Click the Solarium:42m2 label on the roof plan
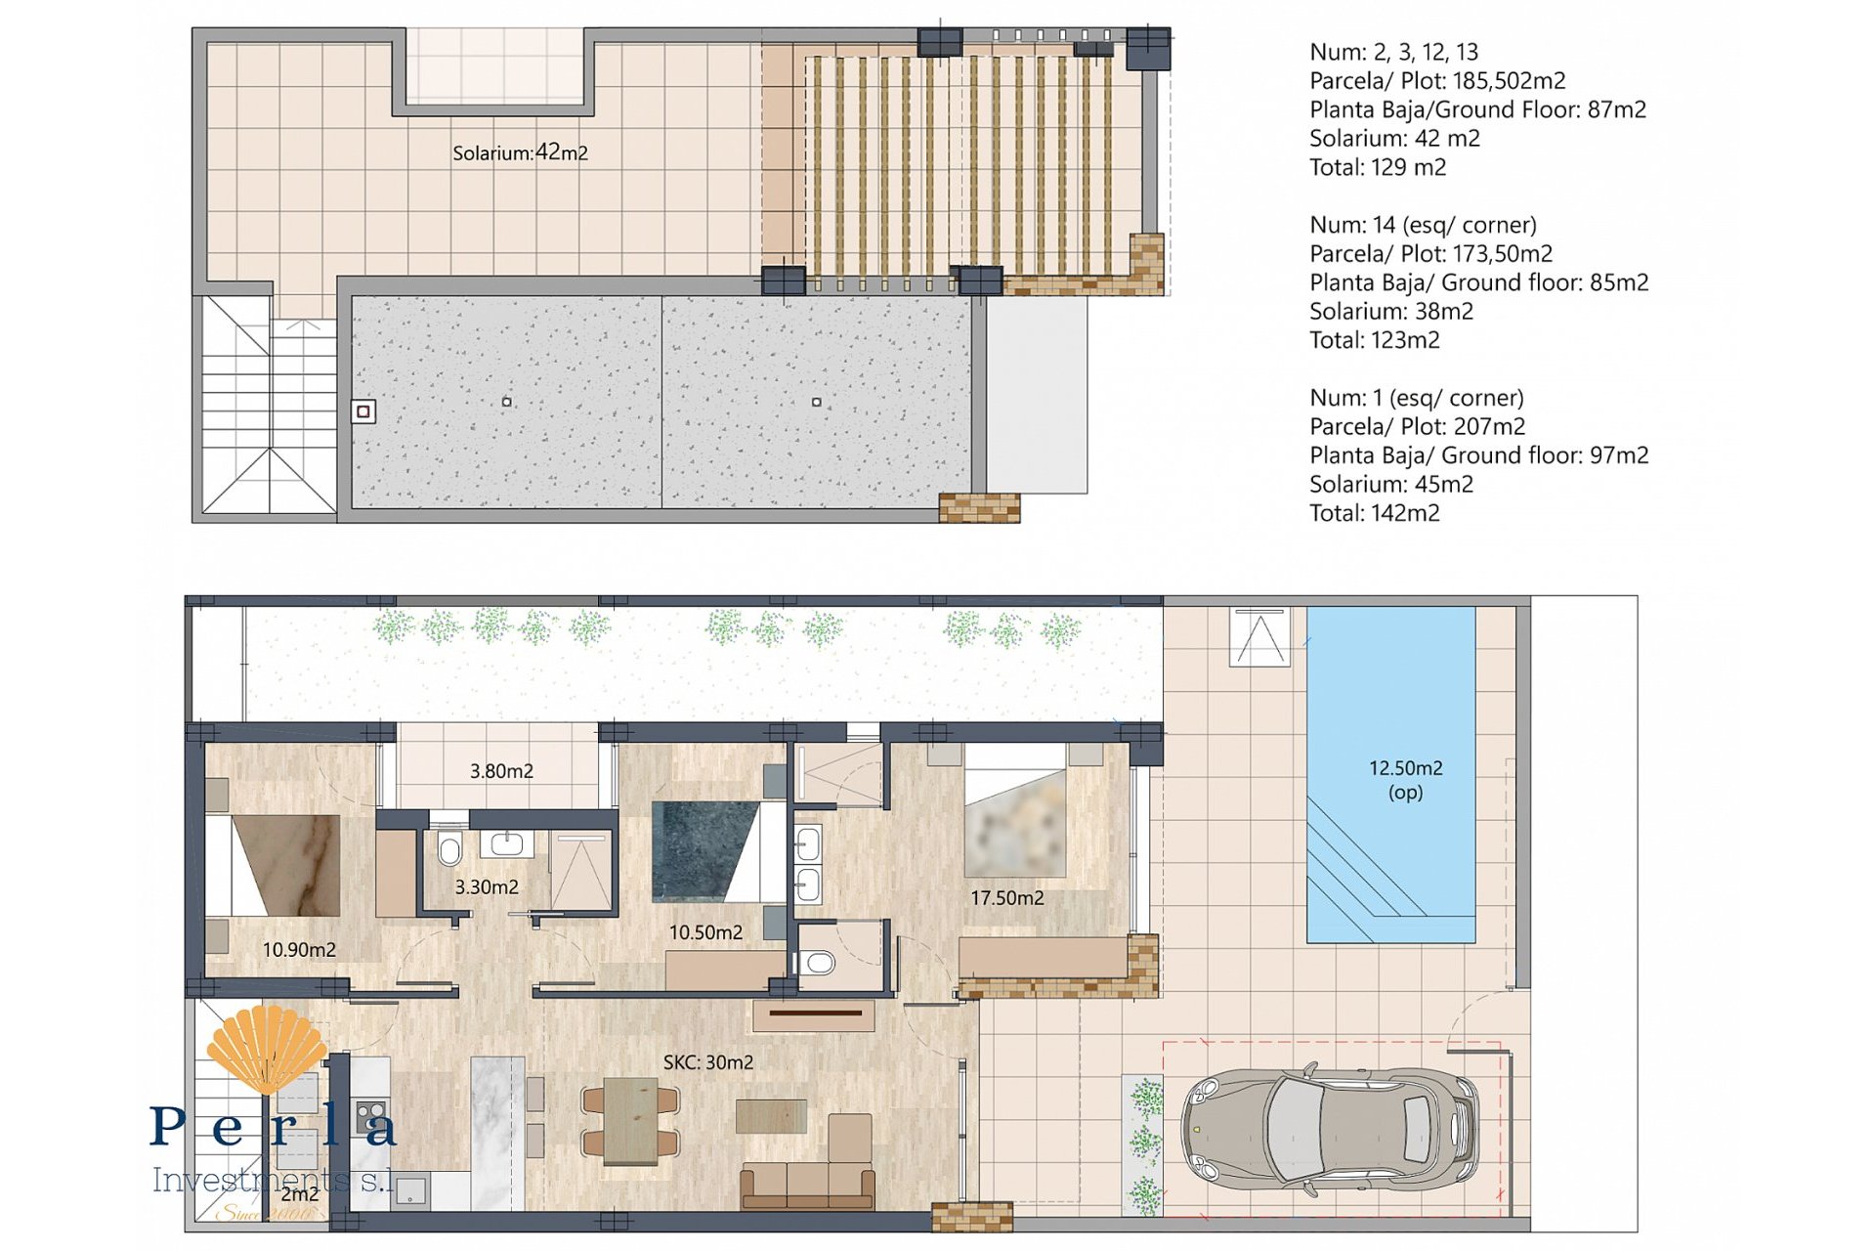(520, 152)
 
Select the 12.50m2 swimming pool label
(1405, 779)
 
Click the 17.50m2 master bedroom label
(1006, 897)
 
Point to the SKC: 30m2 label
(707, 1062)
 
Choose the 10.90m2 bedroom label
(299, 949)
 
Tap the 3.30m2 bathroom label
(487, 887)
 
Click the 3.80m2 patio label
(501, 771)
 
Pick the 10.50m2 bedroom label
(705, 932)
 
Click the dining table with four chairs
(630, 1120)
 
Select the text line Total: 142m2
(1374, 513)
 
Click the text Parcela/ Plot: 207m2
(1417, 426)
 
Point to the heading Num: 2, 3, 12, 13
(1393, 52)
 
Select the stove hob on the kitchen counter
(370, 1114)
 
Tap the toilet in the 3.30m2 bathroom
(449, 849)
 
